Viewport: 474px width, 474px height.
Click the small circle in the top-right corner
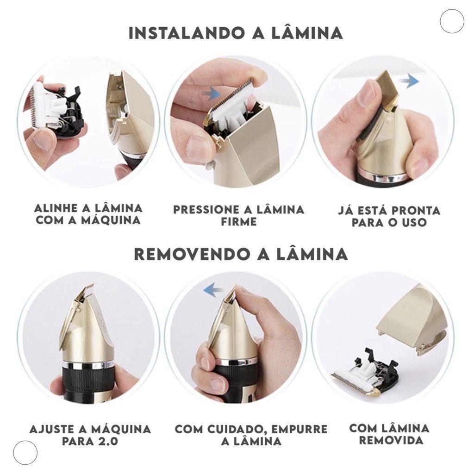pos(451,21)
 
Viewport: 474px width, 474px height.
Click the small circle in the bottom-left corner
pos(25,452)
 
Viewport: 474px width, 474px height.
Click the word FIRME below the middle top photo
pos(239,222)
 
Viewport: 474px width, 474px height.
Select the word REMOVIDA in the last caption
pos(391,440)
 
